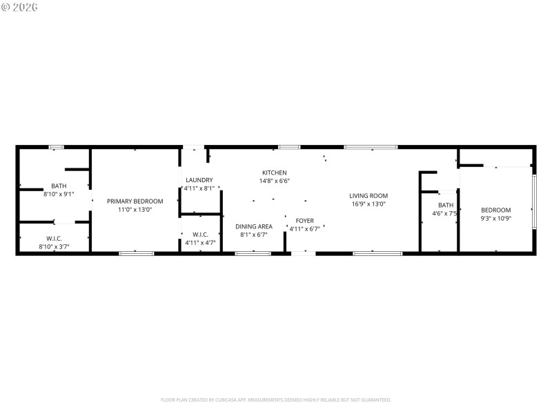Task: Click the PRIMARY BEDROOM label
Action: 135,201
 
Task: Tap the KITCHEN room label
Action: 274,172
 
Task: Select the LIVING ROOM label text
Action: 368,195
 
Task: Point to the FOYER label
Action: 304,221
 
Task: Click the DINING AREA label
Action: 253,226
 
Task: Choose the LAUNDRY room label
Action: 199,179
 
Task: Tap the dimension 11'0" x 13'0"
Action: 135,209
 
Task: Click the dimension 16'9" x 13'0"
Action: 368,204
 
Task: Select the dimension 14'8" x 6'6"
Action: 274,181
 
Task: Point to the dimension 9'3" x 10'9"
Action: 496,218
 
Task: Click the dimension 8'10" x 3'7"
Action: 54,246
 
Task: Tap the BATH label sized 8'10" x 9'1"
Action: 59,186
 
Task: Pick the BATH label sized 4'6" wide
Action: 446,205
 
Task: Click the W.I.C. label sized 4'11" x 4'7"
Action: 200,234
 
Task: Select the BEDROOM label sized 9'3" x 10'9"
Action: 496,210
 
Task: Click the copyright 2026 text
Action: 20,7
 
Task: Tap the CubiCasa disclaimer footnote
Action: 276,400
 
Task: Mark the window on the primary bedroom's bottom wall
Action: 137,253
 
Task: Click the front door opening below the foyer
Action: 303,253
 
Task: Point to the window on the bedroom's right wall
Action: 533,201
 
